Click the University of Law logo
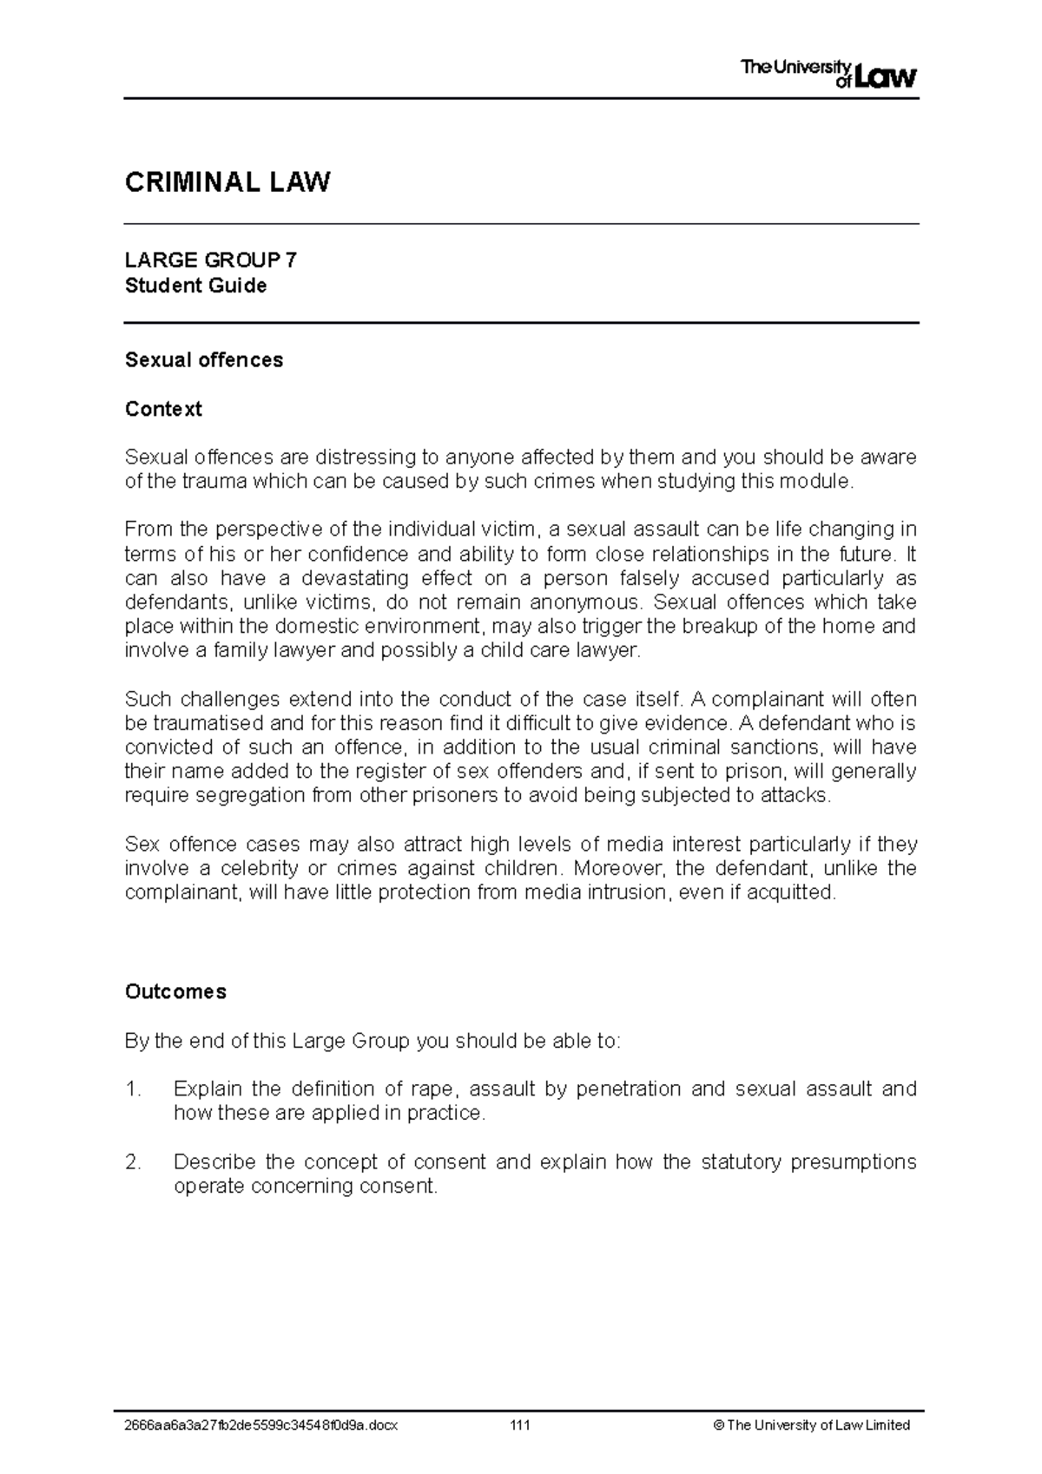coord(828,74)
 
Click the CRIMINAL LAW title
coord(228,182)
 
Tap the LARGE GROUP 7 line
coord(211,260)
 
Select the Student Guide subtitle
coord(195,286)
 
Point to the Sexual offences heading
coord(204,360)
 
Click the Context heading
coord(163,409)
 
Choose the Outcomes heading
coord(175,991)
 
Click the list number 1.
coord(132,1089)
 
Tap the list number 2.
coord(132,1161)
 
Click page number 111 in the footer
coord(520,1425)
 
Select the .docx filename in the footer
coord(261,1425)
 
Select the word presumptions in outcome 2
coord(853,1161)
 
